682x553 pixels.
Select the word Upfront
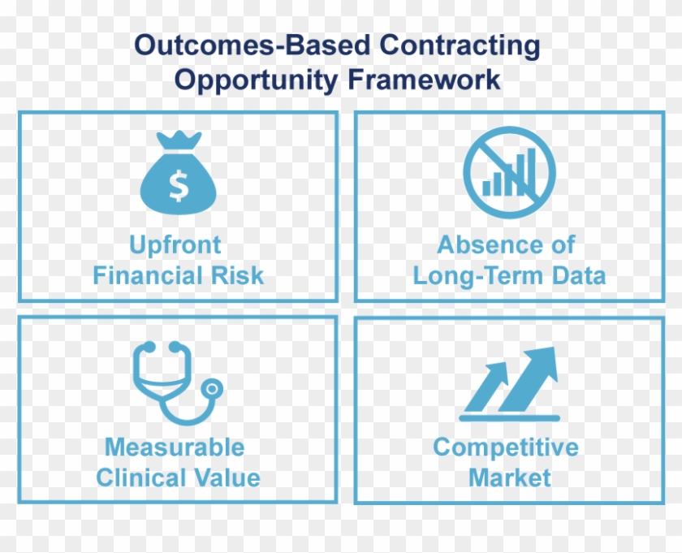[175, 245]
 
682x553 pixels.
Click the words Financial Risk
[178, 275]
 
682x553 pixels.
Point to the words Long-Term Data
[509, 275]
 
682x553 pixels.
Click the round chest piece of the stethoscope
[212, 389]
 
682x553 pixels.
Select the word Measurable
[174, 447]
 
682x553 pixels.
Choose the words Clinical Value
[178, 477]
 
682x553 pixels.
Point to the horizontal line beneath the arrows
[509, 417]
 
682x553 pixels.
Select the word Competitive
[506, 447]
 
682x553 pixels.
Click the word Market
[510, 477]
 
